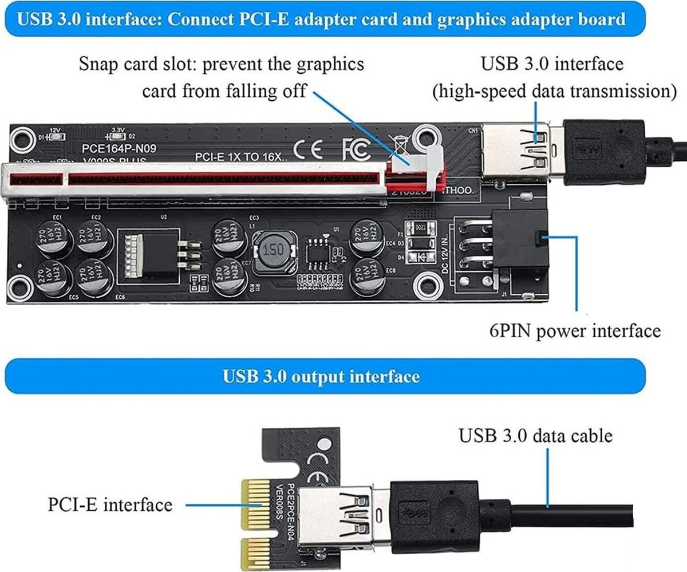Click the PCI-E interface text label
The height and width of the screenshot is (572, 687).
(x=109, y=504)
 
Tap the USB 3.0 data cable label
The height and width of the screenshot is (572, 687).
(x=535, y=436)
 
